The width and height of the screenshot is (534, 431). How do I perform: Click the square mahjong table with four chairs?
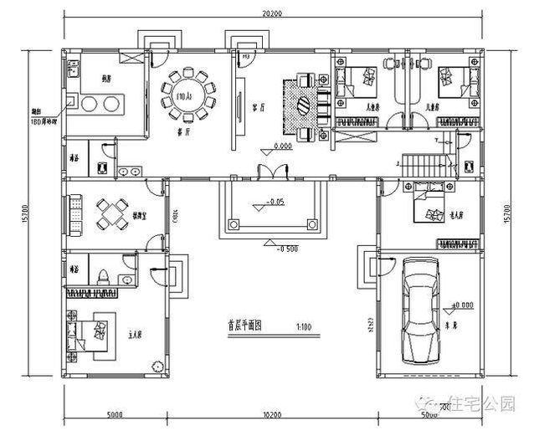109,215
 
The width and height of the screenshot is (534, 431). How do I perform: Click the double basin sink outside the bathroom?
129,172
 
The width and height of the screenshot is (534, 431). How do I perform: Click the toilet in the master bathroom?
102,276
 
